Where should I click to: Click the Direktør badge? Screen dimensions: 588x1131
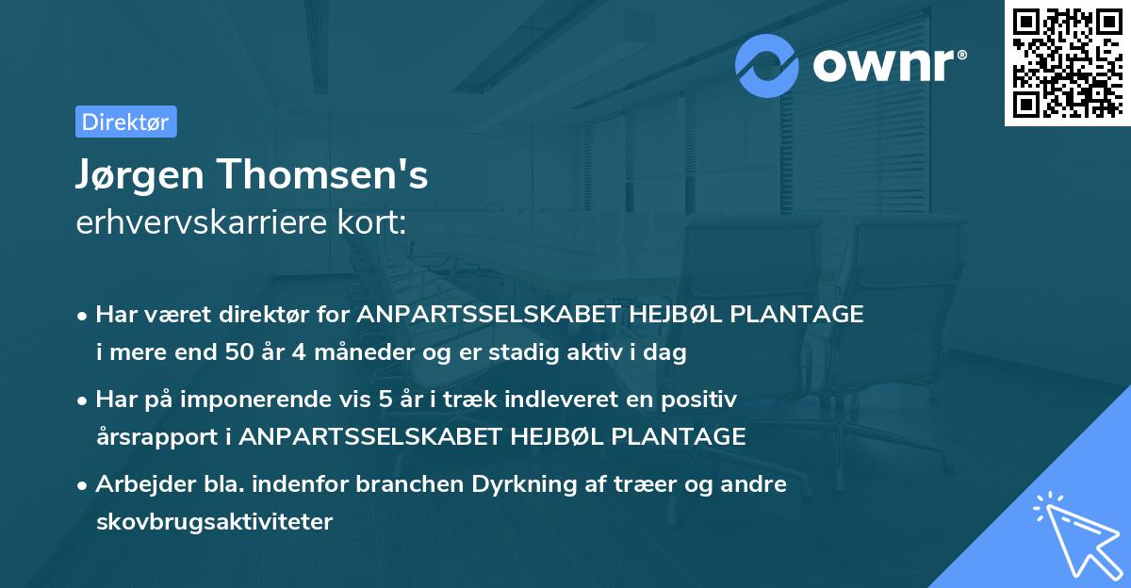(x=125, y=122)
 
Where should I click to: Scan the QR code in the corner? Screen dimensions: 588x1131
(x=1066, y=62)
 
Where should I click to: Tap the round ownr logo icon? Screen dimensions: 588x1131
(x=767, y=65)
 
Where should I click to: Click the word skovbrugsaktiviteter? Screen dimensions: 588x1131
(x=214, y=522)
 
